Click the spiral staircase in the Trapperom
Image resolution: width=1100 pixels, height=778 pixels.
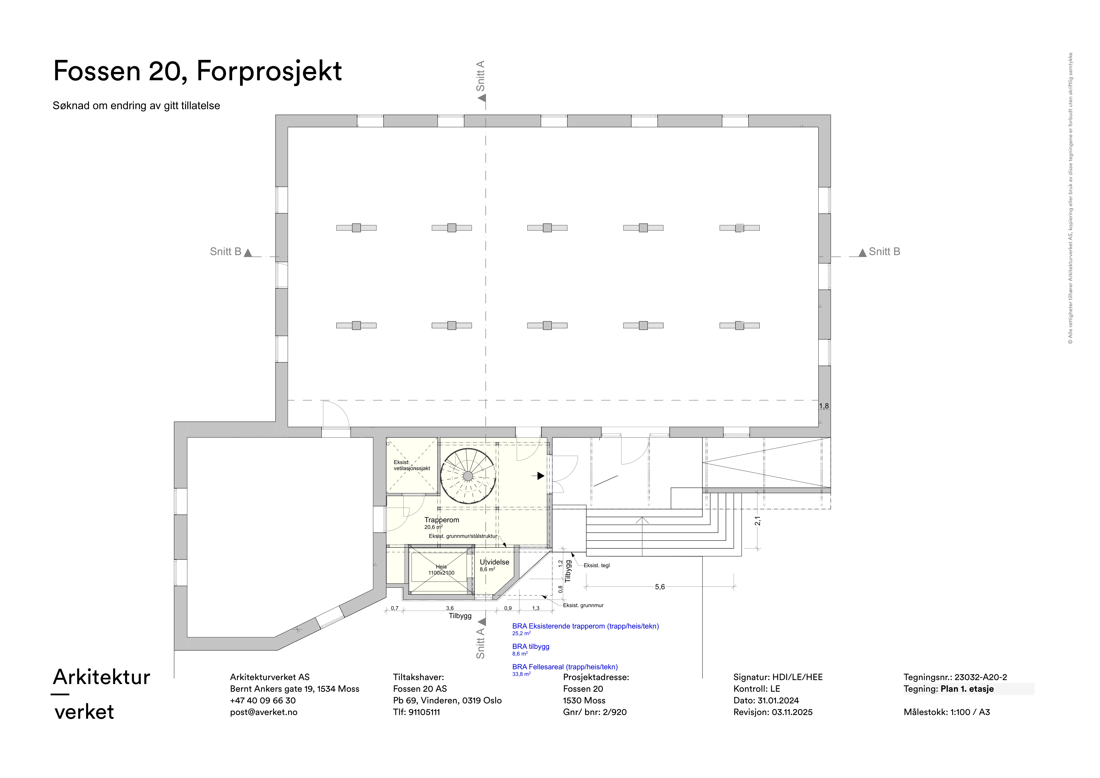click(x=468, y=476)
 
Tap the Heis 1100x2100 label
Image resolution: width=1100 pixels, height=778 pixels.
click(x=441, y=570)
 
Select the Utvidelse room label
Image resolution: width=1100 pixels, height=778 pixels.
click(x=495, y=562)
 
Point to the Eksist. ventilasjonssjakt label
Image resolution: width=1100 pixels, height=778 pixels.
click(x=412, y=465)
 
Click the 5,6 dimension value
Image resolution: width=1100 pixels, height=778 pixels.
click(x=660, y=587)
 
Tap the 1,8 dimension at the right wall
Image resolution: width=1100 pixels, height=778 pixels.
click(x=824, y=406)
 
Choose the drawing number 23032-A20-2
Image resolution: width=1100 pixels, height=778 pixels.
click(x=981, y=677)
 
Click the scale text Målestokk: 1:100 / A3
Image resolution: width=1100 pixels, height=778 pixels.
click(x=947, y=712)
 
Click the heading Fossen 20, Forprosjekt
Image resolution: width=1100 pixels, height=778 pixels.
click(x=197, y=71)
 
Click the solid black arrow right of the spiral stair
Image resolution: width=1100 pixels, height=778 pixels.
click(x=540, y=476)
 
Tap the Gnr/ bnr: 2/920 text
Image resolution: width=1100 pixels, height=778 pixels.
click(x=594, y=712)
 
